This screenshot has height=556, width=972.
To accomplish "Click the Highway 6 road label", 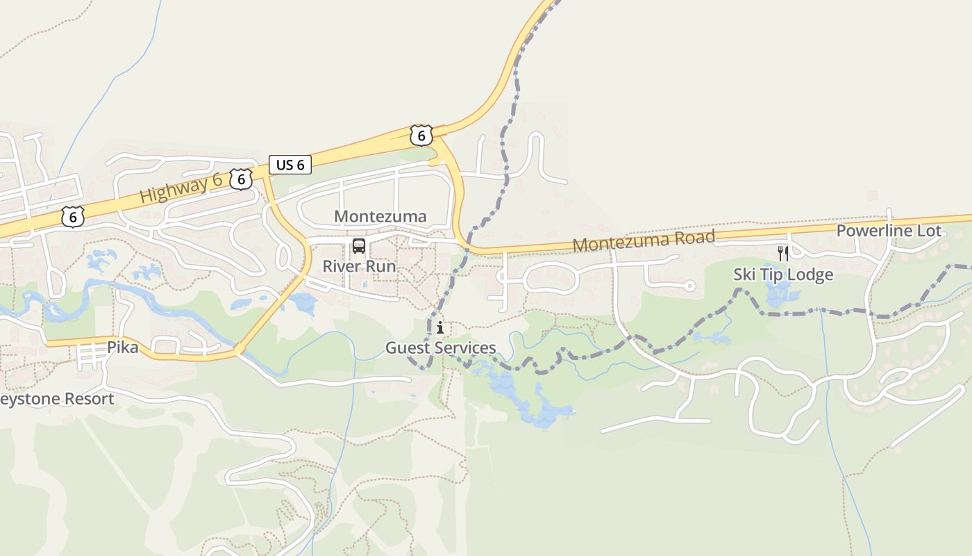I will (181, 188).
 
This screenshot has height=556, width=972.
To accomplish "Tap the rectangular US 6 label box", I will (290, 165).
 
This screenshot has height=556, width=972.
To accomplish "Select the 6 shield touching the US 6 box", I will (241, 179).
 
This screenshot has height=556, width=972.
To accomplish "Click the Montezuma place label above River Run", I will (380, 216).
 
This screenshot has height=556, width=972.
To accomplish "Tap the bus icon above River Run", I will (359, 245).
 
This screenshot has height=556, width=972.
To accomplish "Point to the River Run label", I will (359, 266).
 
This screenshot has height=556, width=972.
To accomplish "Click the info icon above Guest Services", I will (440, 327).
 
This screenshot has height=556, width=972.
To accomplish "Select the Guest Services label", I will (441, 347).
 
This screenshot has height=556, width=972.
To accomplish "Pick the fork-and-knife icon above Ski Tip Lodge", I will (783, 253).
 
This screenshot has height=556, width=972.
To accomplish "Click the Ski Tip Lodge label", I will (783, 275).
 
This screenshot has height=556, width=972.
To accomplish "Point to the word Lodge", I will (810, 275).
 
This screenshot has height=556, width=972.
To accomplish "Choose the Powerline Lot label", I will (889, 231).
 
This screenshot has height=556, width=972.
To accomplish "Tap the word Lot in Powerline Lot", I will (930, 231).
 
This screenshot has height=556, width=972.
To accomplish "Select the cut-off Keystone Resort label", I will (57, 399).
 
